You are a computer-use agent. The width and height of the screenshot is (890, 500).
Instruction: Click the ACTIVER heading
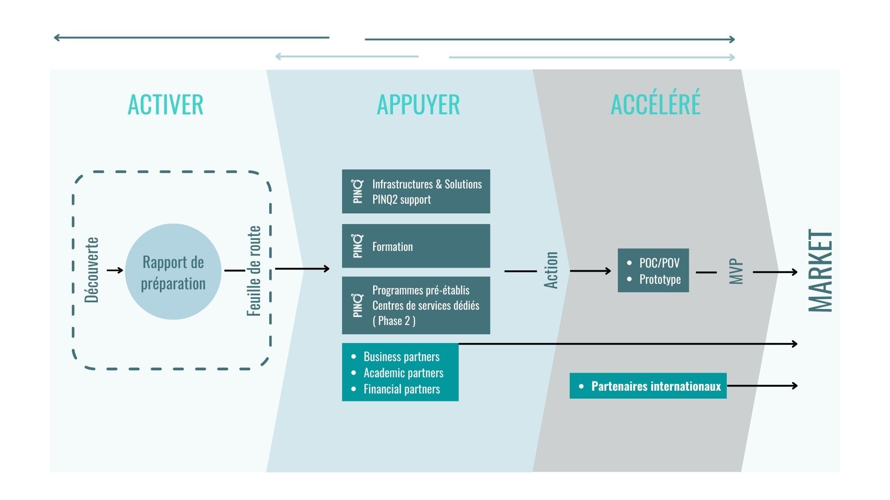pos(165,105)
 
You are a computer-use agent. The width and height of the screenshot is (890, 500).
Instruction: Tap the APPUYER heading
pos(418,105)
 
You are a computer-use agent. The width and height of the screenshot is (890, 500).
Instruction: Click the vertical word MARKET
pos(820,271)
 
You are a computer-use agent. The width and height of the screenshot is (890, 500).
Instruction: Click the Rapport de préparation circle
pos(173,272)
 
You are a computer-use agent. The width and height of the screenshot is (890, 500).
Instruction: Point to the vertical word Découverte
pos(92,270)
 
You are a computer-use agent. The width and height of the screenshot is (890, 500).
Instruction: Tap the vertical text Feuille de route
pos(254,271)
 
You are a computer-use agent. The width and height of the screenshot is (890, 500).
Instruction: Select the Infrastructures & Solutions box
pos(416,191)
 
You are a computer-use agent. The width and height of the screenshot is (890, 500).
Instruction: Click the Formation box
pos(416,246)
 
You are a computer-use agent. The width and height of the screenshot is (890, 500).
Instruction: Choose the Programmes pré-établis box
pos(416,305)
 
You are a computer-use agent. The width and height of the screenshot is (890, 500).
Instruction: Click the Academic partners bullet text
pos(403,373)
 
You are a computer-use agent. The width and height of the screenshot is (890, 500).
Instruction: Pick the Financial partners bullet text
pos(401,389)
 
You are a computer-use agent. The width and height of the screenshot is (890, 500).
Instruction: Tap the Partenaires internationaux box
pos(648,386)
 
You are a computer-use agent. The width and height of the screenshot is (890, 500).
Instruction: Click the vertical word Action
pos(551,270)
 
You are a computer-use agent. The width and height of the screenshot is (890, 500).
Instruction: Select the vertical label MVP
pos(736,271)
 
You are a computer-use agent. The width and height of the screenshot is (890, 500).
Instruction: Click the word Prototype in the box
pos(660,279)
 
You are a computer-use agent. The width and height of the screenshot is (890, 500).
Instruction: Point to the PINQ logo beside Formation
pos(357,246)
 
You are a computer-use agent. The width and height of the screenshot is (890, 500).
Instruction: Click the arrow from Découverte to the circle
pos(114,270)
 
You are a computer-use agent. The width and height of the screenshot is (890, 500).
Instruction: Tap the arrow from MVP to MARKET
pos(775,272)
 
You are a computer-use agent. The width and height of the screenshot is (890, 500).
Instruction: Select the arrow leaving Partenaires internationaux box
pos(763,385)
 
